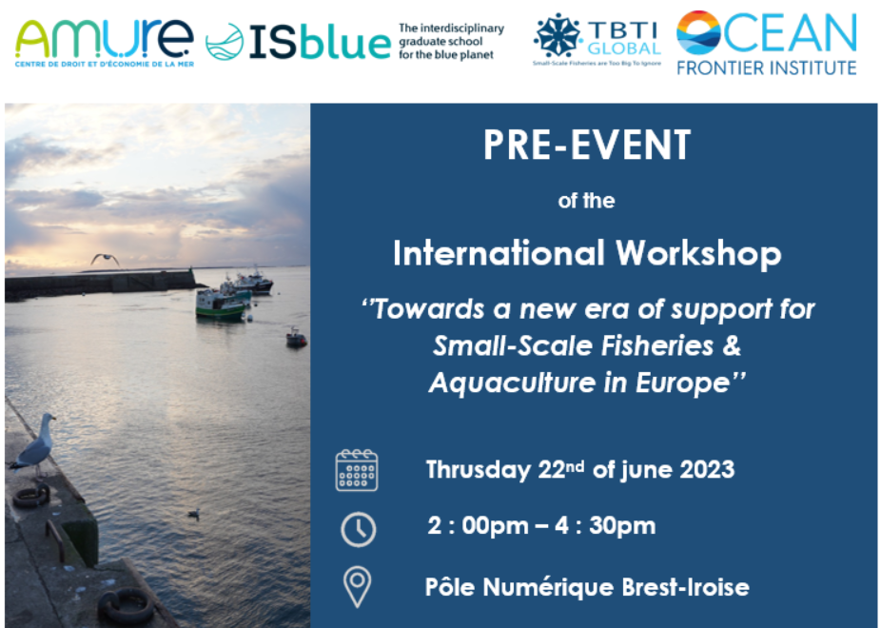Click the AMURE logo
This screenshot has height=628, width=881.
tap(105, 43)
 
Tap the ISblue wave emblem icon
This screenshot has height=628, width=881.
tap(225, 42)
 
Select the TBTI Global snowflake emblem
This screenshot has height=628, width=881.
tap(557, 35)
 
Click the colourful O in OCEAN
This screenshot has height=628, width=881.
tap(698, 32)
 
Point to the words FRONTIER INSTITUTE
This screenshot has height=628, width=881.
tap(767, 68)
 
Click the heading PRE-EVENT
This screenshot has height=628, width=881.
tap(587, 145)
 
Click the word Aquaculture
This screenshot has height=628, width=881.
tap(512, 383)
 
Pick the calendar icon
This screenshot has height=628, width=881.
tap(357, 471)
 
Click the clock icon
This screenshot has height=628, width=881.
tap(358, 529)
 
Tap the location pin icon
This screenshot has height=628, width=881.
tap(358, 587)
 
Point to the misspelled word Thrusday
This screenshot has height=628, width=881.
tap(479, 470)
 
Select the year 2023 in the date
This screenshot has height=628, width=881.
tap(707, 469)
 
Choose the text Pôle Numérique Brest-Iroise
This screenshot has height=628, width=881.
tap(587, 587)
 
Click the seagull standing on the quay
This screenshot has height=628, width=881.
tap(35, 446)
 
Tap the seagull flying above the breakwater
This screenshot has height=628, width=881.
tap(105, 259)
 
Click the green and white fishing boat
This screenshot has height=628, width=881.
tap(221, 304)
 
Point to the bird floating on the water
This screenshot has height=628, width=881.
tap(193, 513)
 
